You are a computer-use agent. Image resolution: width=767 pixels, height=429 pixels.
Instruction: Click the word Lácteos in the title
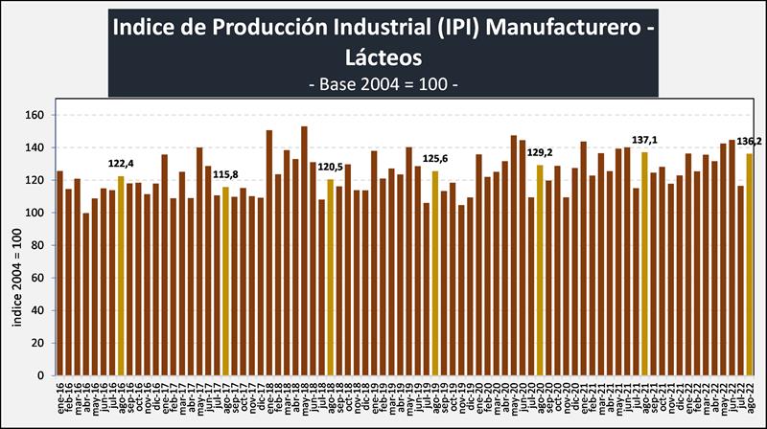383,57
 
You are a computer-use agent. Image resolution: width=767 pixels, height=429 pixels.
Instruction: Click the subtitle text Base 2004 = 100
383,84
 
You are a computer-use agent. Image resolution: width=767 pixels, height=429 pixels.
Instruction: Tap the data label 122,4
120,165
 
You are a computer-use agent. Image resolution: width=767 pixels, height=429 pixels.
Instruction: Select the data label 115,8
224,175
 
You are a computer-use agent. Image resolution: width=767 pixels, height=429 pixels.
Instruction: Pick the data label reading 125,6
435,159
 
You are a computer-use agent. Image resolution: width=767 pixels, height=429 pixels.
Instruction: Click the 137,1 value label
645,140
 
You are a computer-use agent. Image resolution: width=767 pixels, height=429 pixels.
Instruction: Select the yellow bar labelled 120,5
331,277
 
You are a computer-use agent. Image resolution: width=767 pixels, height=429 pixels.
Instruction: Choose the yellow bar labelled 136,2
750,264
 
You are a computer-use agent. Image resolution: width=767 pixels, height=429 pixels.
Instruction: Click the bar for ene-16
59,273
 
